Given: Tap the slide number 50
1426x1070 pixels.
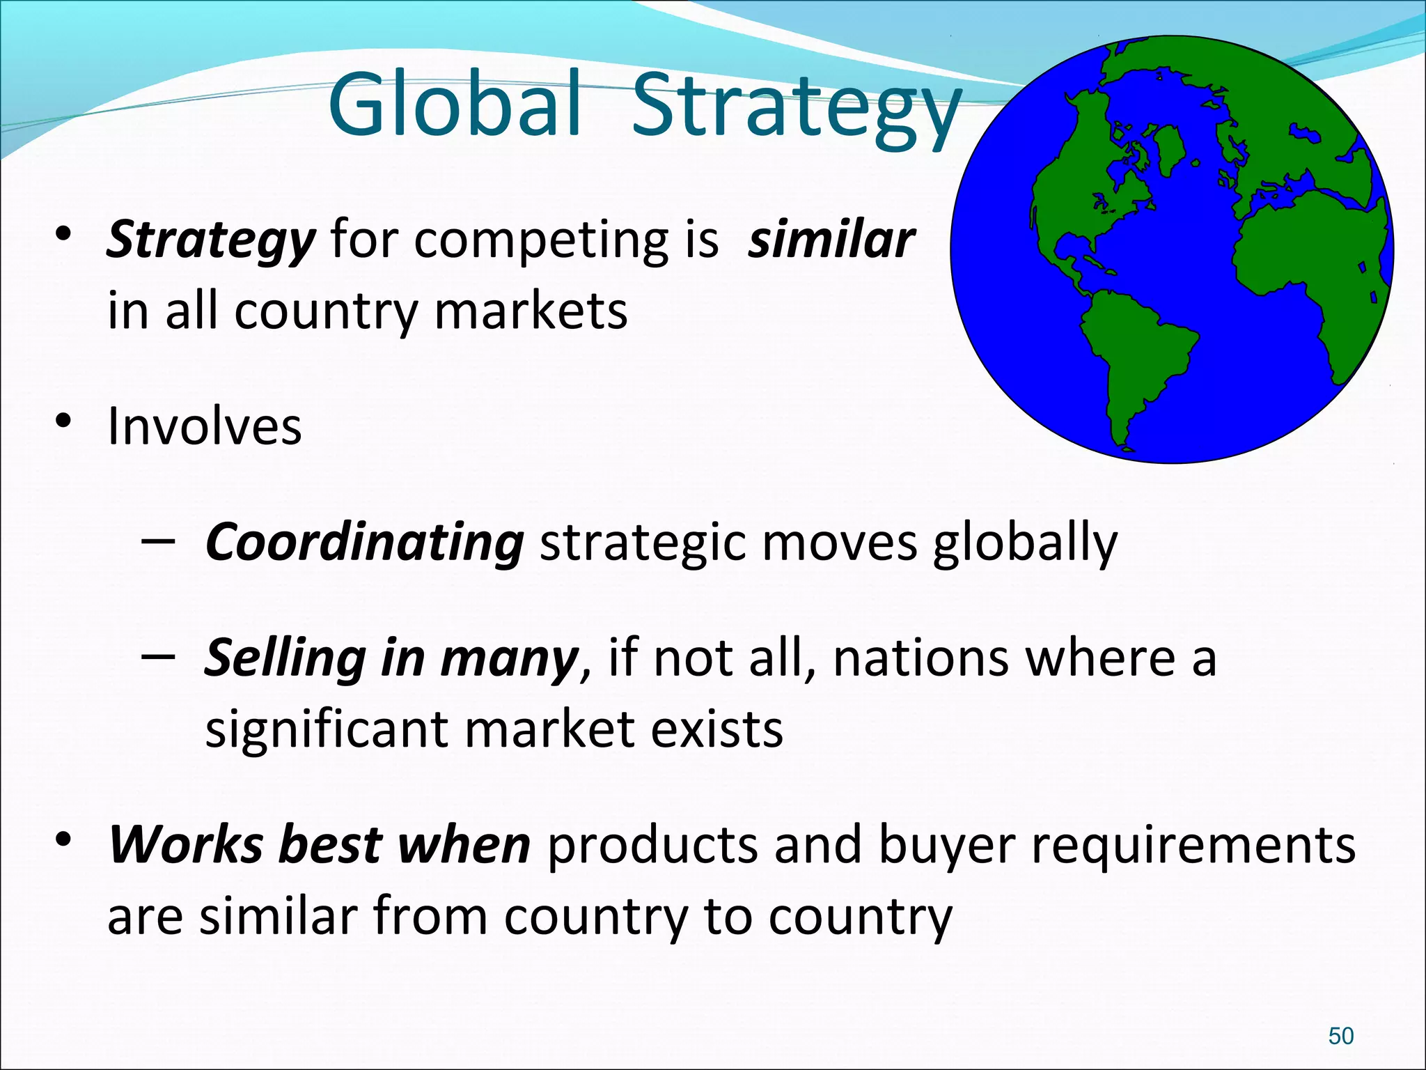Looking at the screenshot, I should tap(1340, 1036).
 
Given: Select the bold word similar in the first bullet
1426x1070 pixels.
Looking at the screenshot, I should tap(831, 240).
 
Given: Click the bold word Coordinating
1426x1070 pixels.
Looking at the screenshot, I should tap(364, 542).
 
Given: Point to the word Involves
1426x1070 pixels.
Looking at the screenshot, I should tap(205, 426).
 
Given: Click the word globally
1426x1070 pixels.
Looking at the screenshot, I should tap(1025, 543).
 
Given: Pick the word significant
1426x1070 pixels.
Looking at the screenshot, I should tap(327, 730).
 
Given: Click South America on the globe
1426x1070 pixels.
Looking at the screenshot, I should tap(1135, 355).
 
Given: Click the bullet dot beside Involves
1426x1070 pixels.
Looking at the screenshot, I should tap(63, 421).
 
